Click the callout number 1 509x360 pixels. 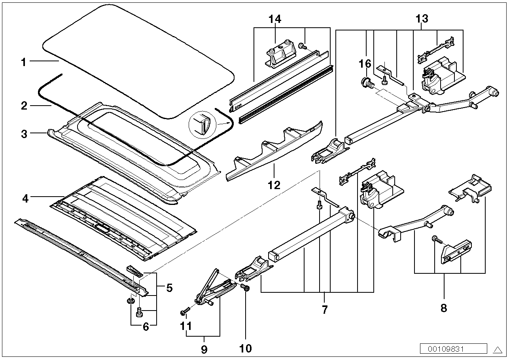tap(24, 62)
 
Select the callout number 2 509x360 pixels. tap(24, 106)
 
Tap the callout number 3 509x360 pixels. tap(24, 134)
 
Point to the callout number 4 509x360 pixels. tap(25, 199)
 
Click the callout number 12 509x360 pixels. tap(274, 185)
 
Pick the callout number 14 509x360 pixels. tap(275, 19)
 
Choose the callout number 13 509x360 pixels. tap(422, 19)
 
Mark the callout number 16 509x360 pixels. tap(365, 64)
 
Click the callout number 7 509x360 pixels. tap(325, 309)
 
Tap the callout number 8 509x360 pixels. tap(444, 308)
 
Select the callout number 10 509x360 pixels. tap(246, 349)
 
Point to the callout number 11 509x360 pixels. tap(186, 326)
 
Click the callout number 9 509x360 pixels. tap(204, 350)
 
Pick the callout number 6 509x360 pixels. tap(146, 327)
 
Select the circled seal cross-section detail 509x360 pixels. tap(202, 125)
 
